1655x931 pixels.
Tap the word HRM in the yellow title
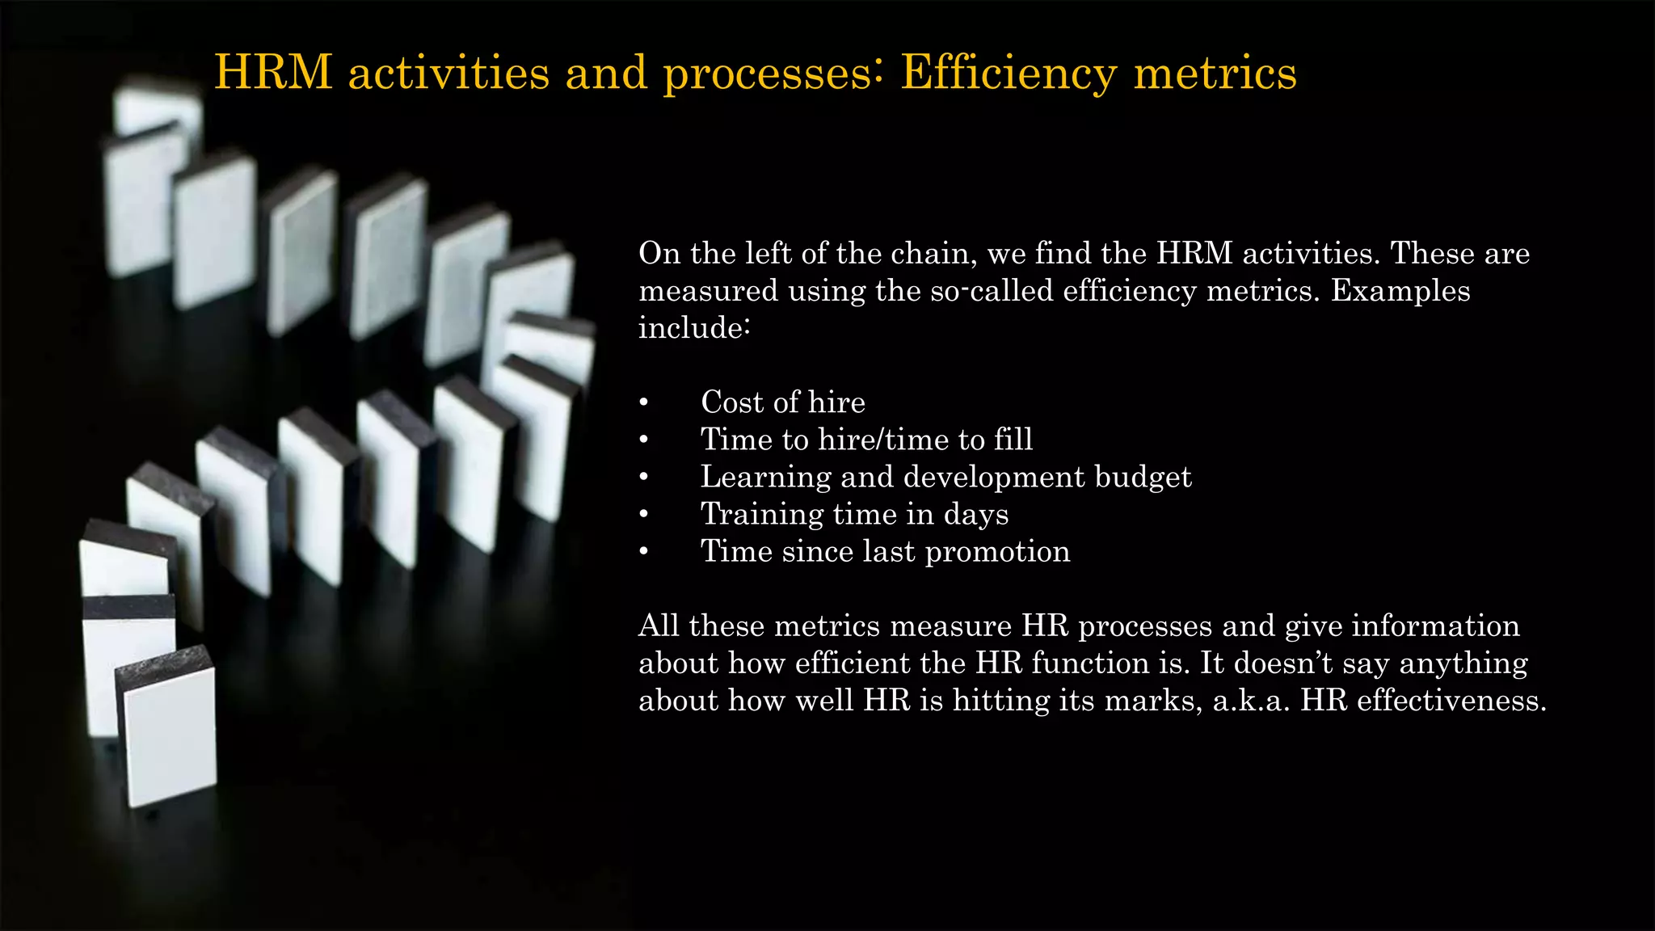point(273,73)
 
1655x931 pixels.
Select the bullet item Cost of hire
point(782,402)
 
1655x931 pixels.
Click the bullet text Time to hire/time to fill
point(866,440)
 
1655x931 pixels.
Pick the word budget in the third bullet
point(1143,477)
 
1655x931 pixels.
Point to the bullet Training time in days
point(854,514)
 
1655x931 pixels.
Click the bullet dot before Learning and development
point(643,478)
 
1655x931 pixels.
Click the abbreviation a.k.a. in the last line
point(1251,700)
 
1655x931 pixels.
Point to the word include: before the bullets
point(694,328)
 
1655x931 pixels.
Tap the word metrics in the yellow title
point(1215,73)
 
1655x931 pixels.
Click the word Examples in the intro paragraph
point(1400,291)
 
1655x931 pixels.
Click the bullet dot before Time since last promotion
point(643,552)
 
